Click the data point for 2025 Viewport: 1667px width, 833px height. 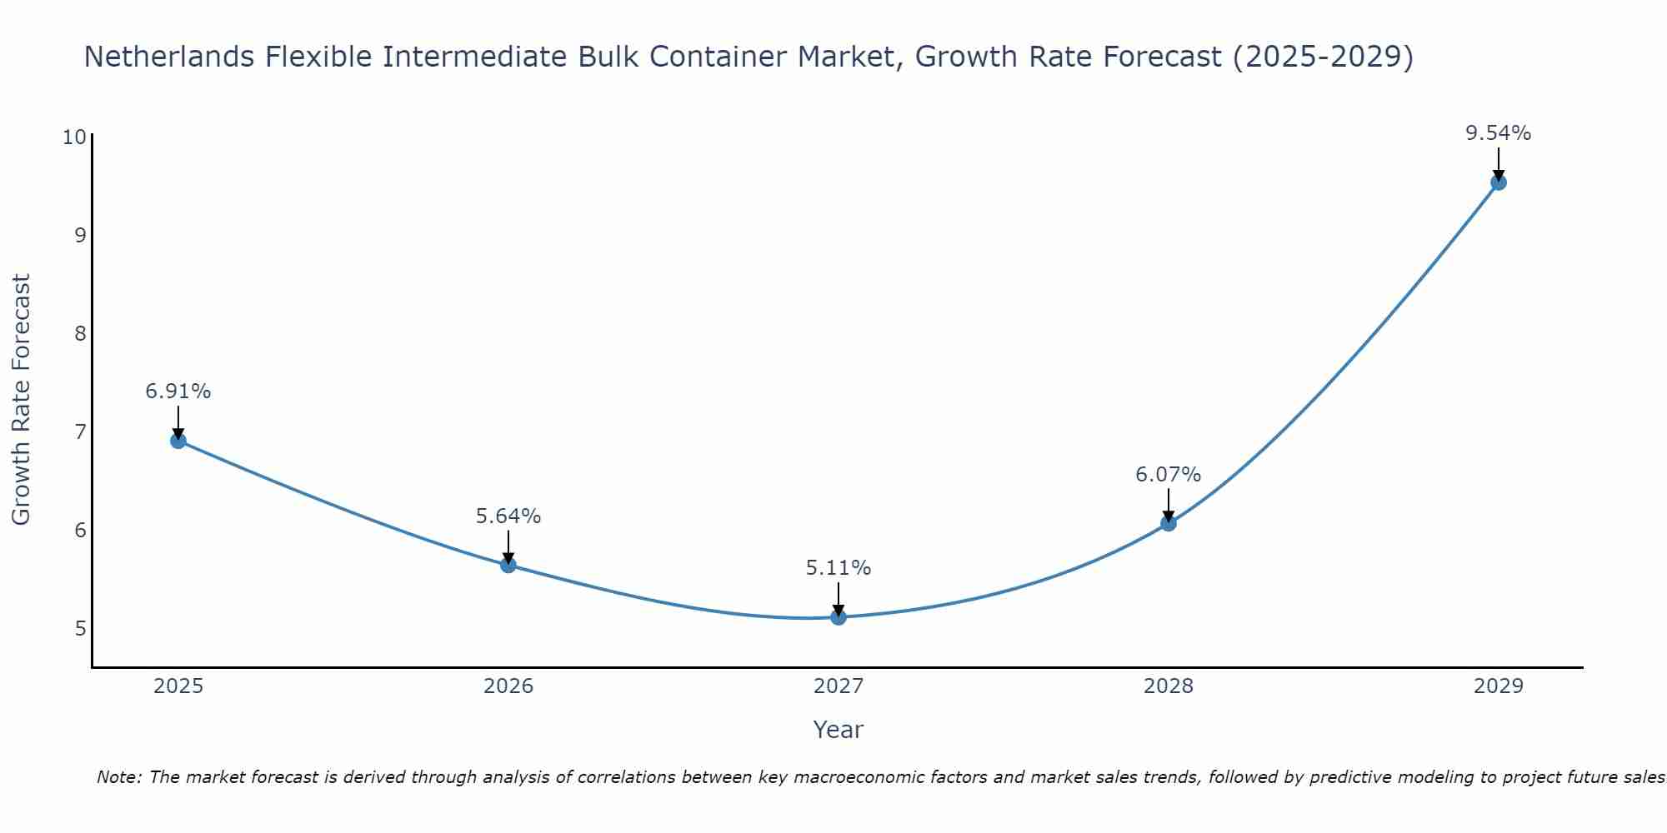point(178,441)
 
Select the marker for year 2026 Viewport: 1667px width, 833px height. point(508,565)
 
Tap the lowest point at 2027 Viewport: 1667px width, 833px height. point(839,617)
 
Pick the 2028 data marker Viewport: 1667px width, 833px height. point(1169,523)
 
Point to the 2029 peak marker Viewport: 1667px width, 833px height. point(1499,182)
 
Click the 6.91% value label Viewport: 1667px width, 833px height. point(178,392)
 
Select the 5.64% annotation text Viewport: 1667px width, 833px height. point(508,516)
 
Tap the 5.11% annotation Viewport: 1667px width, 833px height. point(839,568)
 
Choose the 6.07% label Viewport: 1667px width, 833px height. point(1169,475)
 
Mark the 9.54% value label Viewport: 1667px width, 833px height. point(1499,133)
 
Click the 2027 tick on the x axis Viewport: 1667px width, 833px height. point(839,686)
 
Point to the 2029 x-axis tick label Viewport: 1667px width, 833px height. point(1499,686)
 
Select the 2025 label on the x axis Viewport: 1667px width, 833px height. point(178,686)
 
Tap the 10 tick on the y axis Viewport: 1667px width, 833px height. point(74,137)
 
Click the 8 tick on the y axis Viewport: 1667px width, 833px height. point(80,333)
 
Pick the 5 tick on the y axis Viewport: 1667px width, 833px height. point(80,628)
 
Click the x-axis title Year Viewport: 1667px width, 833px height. point(839,730)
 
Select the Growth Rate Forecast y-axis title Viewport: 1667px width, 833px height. point(21,400)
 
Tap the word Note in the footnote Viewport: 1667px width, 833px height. point(117,778)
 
